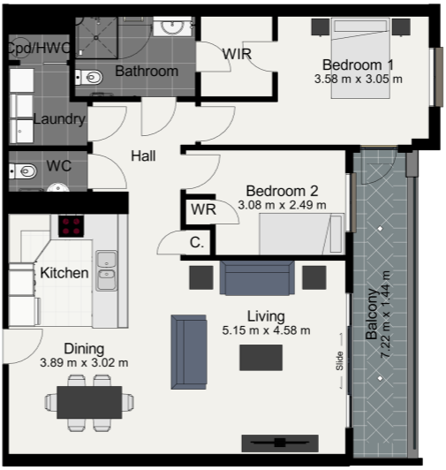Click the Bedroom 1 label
358,64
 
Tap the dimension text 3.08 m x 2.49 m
282,205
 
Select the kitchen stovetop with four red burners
71,226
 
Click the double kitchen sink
106,270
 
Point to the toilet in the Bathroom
88,78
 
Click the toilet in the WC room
23,171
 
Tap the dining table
89,402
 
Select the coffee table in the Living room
261,358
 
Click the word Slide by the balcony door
339,360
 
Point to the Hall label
143,155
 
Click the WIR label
237,54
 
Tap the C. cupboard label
197,242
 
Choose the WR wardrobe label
203,209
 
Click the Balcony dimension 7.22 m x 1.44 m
385,315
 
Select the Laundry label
59,119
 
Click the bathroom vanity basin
172,27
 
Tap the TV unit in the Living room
280,443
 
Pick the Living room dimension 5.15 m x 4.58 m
266,330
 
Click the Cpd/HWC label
39,48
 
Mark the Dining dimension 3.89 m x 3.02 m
84,363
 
